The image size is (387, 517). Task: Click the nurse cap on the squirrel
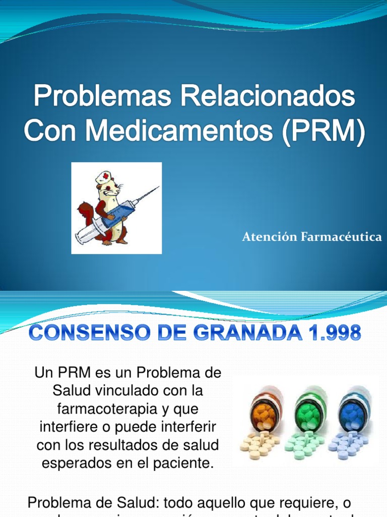(x=104, y=177)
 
